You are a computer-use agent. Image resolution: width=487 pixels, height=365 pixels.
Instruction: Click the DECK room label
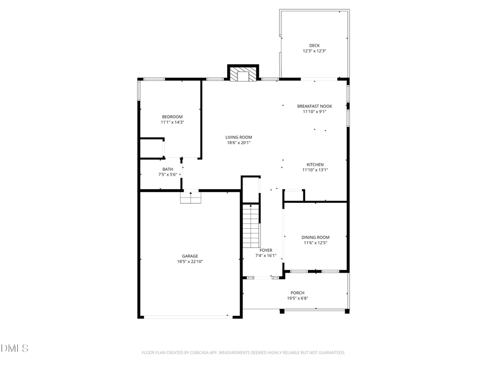(314, 45)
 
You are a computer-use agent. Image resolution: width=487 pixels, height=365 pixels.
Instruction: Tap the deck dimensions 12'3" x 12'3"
(314, 51)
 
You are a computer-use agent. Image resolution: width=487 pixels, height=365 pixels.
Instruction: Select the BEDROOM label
(172, 117)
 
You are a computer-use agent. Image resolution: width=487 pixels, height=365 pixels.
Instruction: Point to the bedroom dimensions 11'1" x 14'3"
(172, 122)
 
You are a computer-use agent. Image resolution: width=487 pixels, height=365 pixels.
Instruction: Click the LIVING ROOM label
(239, 137)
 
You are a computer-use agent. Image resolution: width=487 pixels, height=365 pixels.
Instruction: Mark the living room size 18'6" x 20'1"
(239, 143)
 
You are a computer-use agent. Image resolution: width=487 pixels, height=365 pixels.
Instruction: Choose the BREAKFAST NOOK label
(314, 107)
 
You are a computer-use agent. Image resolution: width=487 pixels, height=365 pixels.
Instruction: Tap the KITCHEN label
(315, 164)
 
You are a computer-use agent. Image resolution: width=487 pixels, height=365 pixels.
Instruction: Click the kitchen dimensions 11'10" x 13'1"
(315, 170)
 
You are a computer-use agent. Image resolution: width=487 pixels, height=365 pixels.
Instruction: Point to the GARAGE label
(189, 256)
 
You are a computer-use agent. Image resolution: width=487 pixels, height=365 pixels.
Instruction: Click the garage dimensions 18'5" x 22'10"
(189, 262)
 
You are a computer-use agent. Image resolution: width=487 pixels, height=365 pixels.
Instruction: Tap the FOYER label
(266, 250)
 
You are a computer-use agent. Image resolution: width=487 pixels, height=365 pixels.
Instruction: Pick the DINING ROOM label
(315, 237)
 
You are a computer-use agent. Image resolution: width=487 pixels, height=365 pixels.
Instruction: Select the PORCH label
(297, 293)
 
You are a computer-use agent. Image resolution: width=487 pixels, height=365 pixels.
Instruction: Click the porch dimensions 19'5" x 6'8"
(297, 298)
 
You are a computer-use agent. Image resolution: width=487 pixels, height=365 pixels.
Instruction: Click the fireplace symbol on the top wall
(242, 74)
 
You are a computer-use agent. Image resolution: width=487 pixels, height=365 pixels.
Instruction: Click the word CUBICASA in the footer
(202, 353)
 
